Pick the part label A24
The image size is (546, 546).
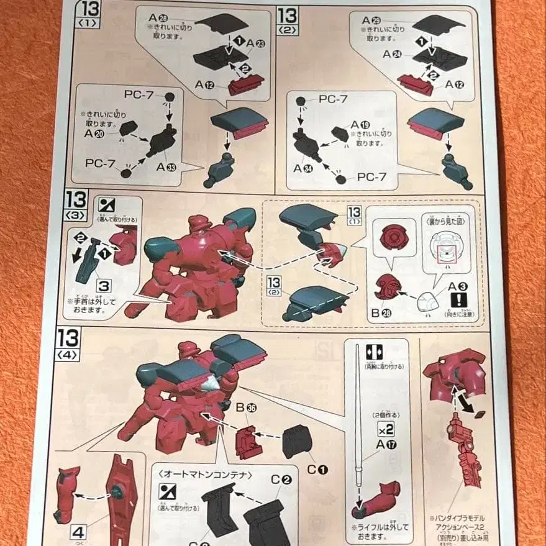(392, 54)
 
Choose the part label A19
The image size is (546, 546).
(360, 124)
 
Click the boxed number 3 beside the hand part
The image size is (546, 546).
(104, 286)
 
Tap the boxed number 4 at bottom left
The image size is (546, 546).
(78, 532)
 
